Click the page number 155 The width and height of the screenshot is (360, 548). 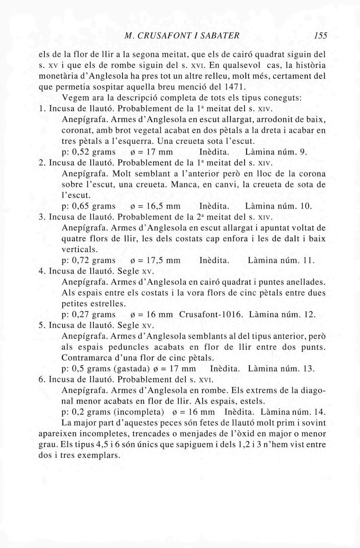[x=321, y=36]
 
